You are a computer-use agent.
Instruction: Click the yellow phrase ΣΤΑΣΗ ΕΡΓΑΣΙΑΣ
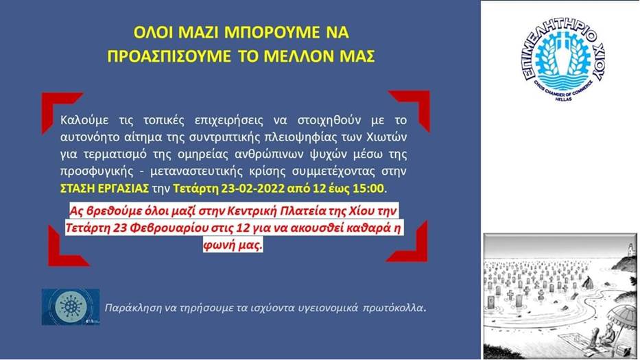[104, 189]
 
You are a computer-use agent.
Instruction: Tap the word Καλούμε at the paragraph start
[84, 121]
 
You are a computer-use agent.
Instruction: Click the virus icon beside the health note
[71, 307]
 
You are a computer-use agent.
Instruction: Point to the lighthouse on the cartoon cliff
[632, 248]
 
